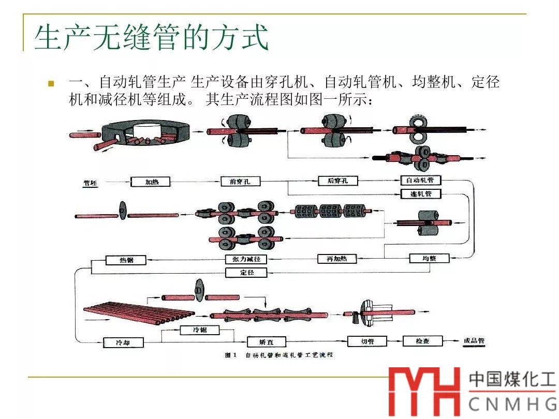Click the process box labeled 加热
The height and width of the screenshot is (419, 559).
pos(151,182)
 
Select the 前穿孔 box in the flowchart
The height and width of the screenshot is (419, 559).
pos(240,182)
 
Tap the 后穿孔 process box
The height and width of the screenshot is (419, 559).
pos(337,181)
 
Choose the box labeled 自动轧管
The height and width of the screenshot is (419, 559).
pos(421,181)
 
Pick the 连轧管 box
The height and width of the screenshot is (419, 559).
pos(421,194)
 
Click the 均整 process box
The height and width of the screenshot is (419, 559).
pos(429,258)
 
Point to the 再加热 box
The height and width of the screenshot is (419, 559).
pos(336,258)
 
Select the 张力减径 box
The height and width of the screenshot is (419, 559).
pos(246,259)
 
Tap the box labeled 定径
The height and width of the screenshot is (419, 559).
pos(246,272)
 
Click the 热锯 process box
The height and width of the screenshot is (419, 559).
pos(126,260)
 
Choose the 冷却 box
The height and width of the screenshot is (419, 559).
pos(123,342)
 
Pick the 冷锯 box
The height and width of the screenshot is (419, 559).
pos(200,330)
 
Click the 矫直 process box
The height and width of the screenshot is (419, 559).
pos(266,341)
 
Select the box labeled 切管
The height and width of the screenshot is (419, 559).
pos(367,341)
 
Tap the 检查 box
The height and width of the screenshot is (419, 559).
pos(423,341)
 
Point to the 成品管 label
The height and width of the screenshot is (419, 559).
pos(474,341)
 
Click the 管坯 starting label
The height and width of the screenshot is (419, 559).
pos(90,182)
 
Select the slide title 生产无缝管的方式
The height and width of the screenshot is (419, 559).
pos(151,37)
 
